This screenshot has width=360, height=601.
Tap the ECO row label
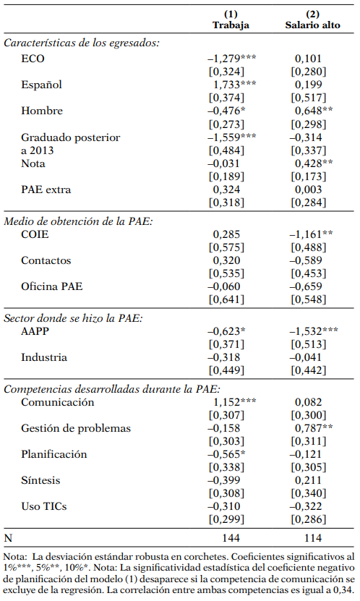[x=33, y=59]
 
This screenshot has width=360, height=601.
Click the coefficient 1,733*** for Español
[x=231, y=85]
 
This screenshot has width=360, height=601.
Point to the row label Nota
[x=33, y=164]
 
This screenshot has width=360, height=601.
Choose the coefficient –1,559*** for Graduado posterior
[x=231, y=137]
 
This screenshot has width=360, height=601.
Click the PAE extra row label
[x=46, y=190]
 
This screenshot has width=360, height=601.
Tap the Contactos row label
[x=46, y=260]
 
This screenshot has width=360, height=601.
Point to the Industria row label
[x=45, y=357]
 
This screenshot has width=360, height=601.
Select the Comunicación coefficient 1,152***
[x=231, y=401]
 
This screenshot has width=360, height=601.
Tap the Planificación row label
[x=54, y=454]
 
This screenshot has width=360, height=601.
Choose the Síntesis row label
[x=41, y=480]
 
